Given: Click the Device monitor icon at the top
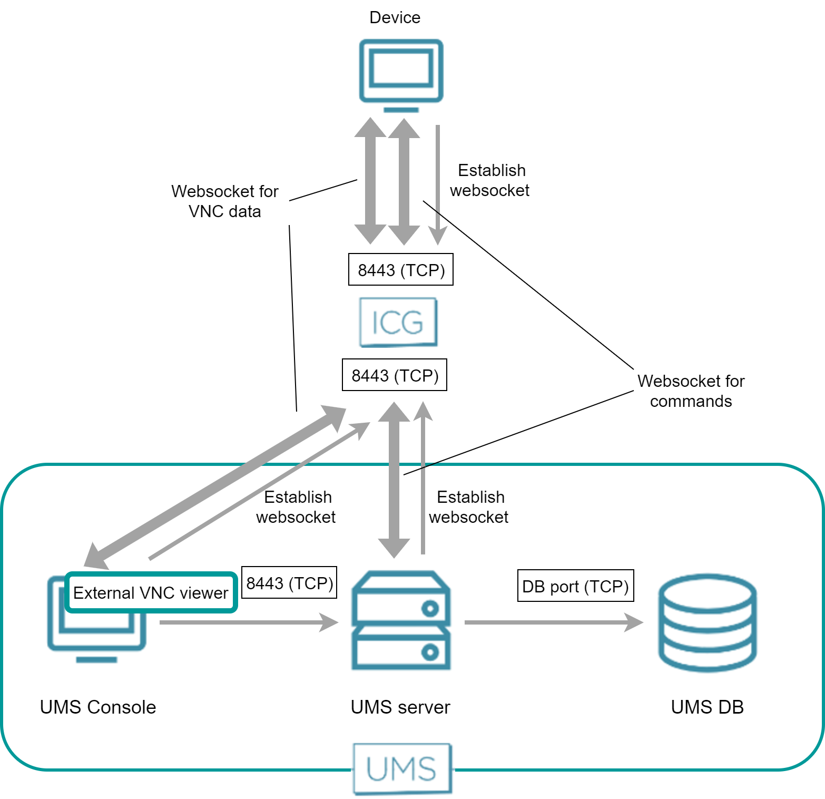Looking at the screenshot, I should pos(401,74).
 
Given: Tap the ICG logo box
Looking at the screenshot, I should pos(398,322).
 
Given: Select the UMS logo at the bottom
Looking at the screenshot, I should pos(402,768).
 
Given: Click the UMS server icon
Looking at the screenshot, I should pos(401,620).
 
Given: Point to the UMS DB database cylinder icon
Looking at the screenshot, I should pos(707,622).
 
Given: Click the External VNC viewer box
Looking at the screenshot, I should pos(151,593).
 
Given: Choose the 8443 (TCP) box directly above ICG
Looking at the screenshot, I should pos(401,270).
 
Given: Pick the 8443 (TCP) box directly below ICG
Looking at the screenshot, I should pos(395,375).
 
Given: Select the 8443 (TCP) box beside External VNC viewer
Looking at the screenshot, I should pos(289,583).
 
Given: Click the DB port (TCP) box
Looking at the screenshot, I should pos(575,586).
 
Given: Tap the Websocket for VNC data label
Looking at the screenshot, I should pos(225,201).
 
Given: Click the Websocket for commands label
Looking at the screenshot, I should pos(691,391).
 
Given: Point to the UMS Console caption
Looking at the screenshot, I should pos(98,707).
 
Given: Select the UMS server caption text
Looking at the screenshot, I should pos(400,707).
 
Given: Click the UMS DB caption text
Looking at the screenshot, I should pos(707,707).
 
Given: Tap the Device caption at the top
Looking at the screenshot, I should pos(395,17).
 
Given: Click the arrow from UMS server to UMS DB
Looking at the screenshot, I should pos(553,622).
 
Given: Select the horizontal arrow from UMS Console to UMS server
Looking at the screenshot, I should pos(248,622).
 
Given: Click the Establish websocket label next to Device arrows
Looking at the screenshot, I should pos(490,180).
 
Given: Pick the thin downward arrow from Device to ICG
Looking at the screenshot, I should pos(438,184).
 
